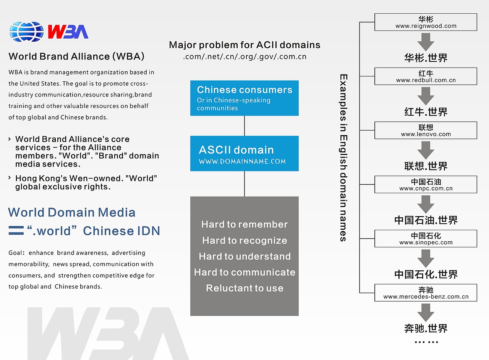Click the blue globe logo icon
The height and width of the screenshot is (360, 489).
click(x=26, y=32)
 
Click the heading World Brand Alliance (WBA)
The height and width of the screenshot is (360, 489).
click(x=76, y=57)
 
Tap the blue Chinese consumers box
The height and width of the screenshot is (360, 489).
click(x=244, y=98)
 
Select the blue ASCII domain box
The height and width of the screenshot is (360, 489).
click(x=244, y=153)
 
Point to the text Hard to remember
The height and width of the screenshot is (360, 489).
click(x=244, y=224)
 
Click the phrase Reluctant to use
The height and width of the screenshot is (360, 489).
click(x=244, y=288)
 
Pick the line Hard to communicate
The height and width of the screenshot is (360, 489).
click(x=244, y=272)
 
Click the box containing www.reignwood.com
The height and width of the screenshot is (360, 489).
click(x=426, y=22)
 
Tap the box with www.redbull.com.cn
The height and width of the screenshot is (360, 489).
click(x=426, y=76)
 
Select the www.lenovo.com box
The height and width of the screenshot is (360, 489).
click(x=426, y=130)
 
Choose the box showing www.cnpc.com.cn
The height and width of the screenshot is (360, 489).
click(x=426, y=184)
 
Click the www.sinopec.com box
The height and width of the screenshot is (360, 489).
click(x=426, y=239)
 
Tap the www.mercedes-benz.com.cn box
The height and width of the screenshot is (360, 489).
click(x=426, y=293)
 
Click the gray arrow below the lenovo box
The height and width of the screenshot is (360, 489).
click(x=426, y=150)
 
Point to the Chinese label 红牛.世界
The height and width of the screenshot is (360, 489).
click(x=426, y=112)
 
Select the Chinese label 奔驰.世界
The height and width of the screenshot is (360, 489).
click(x=426, y=328)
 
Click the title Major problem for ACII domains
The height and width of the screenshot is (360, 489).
click(x=244, y=45)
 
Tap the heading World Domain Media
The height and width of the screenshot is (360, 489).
click(x=72, y=212)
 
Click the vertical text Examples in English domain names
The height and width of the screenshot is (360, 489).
click(x=343, y=158)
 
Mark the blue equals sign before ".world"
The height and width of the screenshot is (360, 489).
click(x=16, y=231)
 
